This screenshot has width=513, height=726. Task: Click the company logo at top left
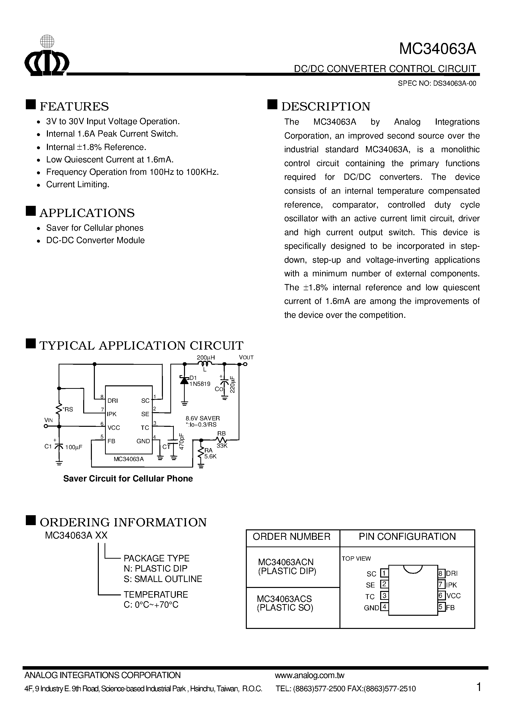[x=47, y=57]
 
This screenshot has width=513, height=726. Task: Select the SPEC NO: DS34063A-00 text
[x=437, y=83]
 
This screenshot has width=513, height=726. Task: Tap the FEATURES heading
[x=74, y=107]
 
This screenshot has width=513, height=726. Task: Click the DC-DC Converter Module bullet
[x=95, y=240]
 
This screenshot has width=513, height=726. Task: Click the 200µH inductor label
[x=206, y=358]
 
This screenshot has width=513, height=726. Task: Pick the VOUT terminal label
[x=246, y=358]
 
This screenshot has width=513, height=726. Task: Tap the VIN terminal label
[x=48, y=420]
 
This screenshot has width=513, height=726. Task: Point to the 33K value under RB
[x=222, y=446]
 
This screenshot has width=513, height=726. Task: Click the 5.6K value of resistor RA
[x=210, y=457]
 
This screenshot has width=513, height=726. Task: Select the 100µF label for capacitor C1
[x=74, y=447]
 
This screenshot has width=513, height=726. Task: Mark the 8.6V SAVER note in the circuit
[x=203, y=418]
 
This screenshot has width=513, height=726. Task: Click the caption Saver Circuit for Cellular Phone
[x=128, y=479]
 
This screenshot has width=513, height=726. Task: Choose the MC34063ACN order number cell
[x=286, y=563]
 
